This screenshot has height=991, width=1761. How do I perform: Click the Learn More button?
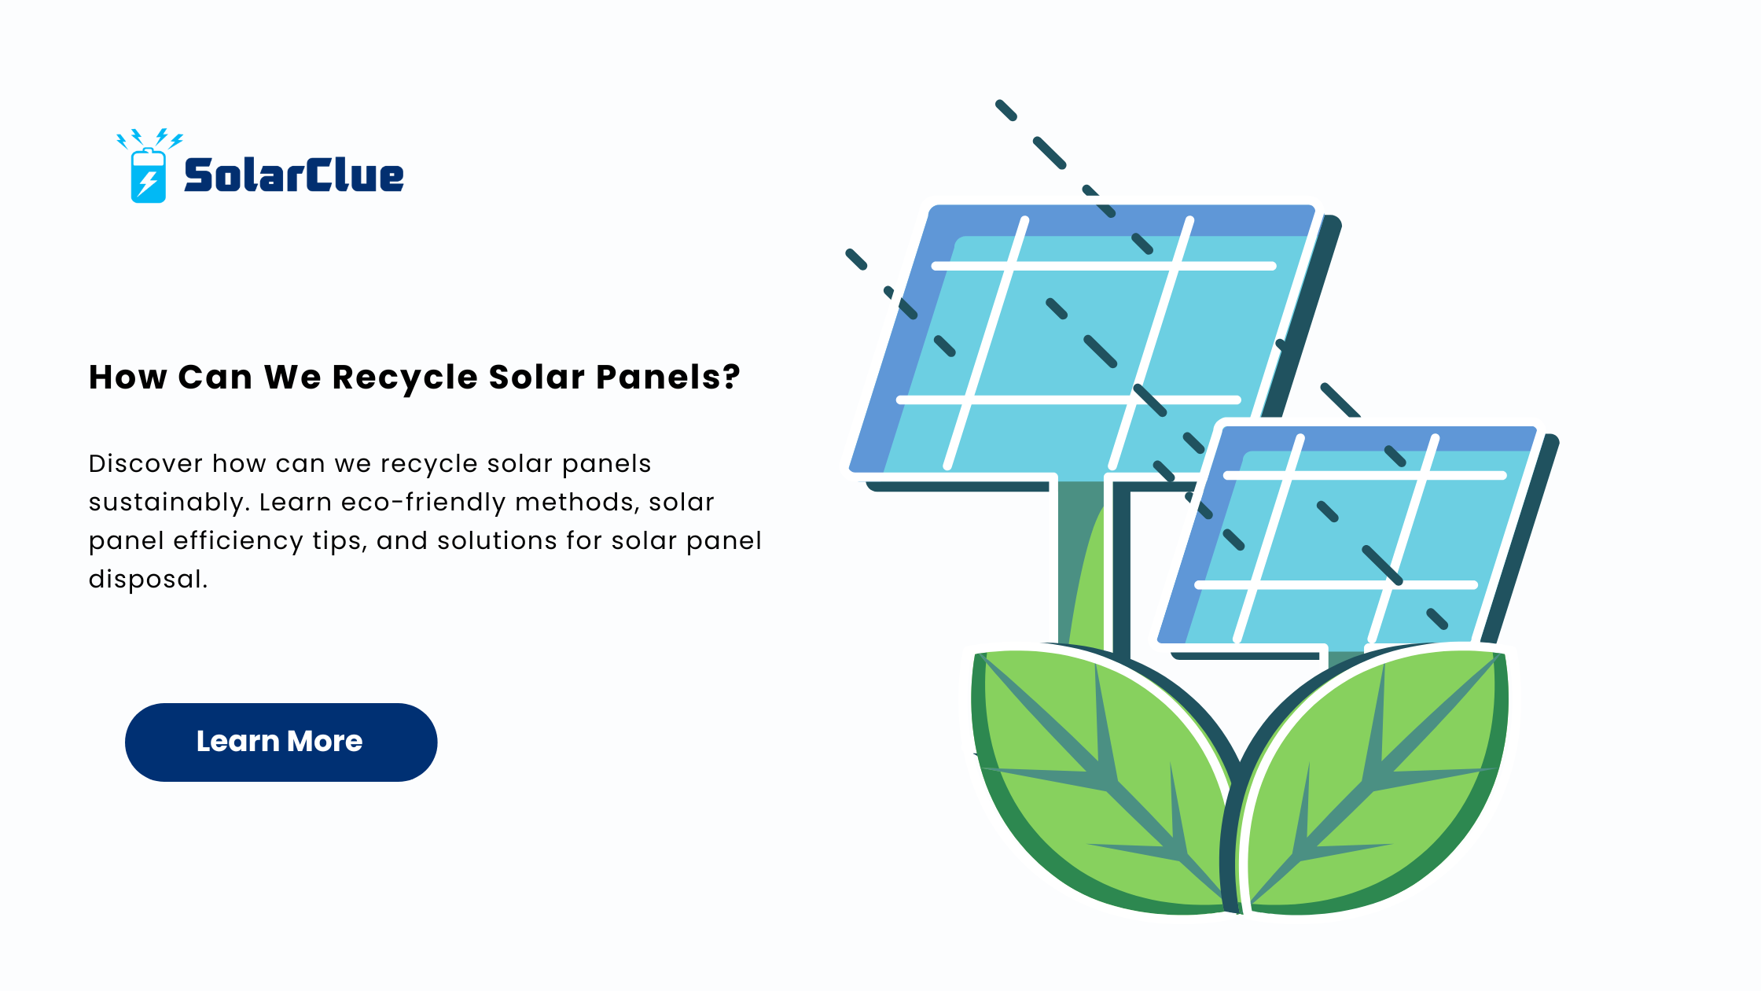coord(281,742)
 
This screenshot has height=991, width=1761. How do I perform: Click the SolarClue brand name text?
coord(293,175)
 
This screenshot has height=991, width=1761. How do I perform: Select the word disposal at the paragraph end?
coord(148,579)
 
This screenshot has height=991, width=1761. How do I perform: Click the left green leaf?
coord(1101,779)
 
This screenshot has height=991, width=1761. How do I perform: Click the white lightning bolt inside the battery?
coord(147,182)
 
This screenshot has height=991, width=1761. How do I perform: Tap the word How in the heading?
coord(127,378)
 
